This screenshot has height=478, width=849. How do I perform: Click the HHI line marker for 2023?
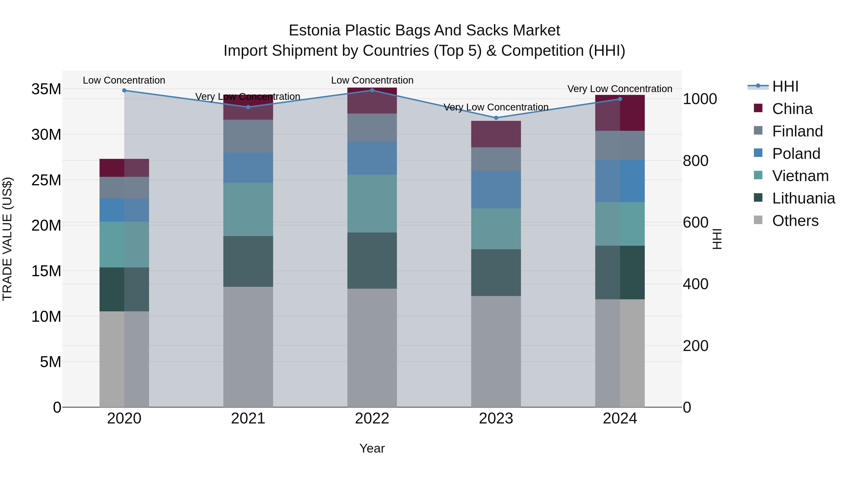click(496, 118)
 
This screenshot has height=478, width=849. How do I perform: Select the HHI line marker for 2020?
click(124, 90)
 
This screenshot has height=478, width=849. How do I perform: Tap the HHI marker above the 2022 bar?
click(372, 90)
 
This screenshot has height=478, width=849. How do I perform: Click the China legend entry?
click(792, 109)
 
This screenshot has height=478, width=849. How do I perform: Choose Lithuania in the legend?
click(803, 198)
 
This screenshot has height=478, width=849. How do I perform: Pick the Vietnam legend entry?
click(800, 176)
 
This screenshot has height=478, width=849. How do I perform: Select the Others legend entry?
click(795, 221)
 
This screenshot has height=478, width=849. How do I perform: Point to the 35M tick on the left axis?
click(46, 89)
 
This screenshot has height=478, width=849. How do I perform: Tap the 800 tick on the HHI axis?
click(695, 161)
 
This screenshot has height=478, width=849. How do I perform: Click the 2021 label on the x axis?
click(248, 419)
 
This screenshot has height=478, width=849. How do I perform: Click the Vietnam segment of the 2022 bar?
click(372, 203)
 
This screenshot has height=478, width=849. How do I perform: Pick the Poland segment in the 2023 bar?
click(496, 190)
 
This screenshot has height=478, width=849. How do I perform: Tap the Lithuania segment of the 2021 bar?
click(248, 261)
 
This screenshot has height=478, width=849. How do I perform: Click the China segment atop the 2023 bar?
click(496, 134)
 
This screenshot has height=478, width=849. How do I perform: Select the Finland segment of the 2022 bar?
click(372, 128)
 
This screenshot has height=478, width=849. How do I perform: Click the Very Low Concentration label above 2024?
click(620, 89)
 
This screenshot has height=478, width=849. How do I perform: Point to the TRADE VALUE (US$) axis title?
click(7, 239)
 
